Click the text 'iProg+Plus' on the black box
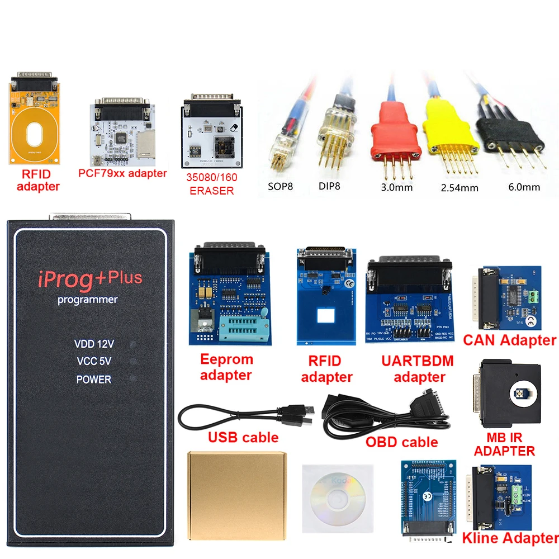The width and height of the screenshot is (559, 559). (89, 279)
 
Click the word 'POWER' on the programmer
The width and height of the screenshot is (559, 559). (94, 380)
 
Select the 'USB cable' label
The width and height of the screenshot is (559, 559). (243, 437)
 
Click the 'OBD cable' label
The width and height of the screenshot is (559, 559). (401, 442)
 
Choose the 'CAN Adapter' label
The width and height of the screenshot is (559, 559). (509, 340)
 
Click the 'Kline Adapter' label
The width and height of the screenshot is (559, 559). (509, 538)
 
